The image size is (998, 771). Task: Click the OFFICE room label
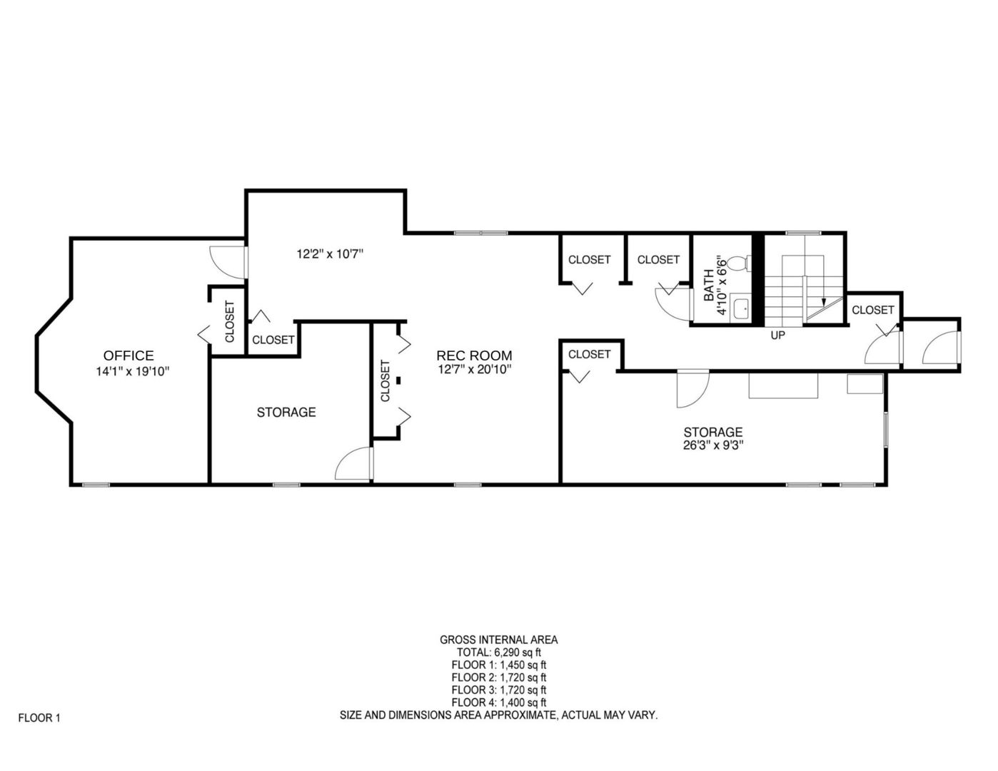(x=128, y=356)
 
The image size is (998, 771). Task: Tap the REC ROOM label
(x=474, y=356)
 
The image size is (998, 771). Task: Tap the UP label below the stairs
(x=777, y=335)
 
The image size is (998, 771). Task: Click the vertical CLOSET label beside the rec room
(x=385, y=381)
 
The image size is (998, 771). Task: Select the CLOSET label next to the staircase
(x=872, y=310)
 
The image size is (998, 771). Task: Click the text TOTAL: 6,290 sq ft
(x=499, y=652)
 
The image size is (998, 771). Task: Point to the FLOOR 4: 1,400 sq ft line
(x=499, y=702)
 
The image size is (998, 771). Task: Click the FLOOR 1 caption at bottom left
(x=39, y=718)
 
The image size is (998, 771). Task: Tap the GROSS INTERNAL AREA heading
(x=499, y=640)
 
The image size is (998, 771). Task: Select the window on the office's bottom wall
(x=96, y=485)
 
